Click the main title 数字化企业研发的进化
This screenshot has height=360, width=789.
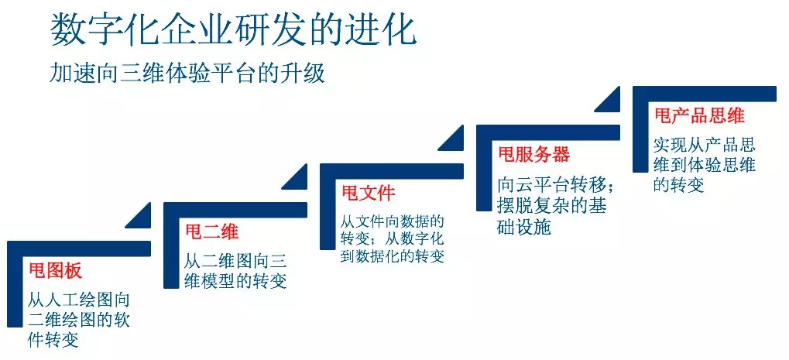coord(234,30)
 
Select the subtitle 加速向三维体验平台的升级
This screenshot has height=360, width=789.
coord(187,74)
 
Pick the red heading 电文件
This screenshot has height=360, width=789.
coord(369,193)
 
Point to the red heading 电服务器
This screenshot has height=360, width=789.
coord(534,154)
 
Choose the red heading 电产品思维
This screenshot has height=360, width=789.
coord(699,115)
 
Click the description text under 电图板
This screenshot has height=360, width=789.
coord(79,321)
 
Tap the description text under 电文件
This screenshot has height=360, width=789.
coord(393,238)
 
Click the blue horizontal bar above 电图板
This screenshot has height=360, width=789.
coord(80,249)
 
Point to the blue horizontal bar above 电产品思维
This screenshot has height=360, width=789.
coord(705,94)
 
